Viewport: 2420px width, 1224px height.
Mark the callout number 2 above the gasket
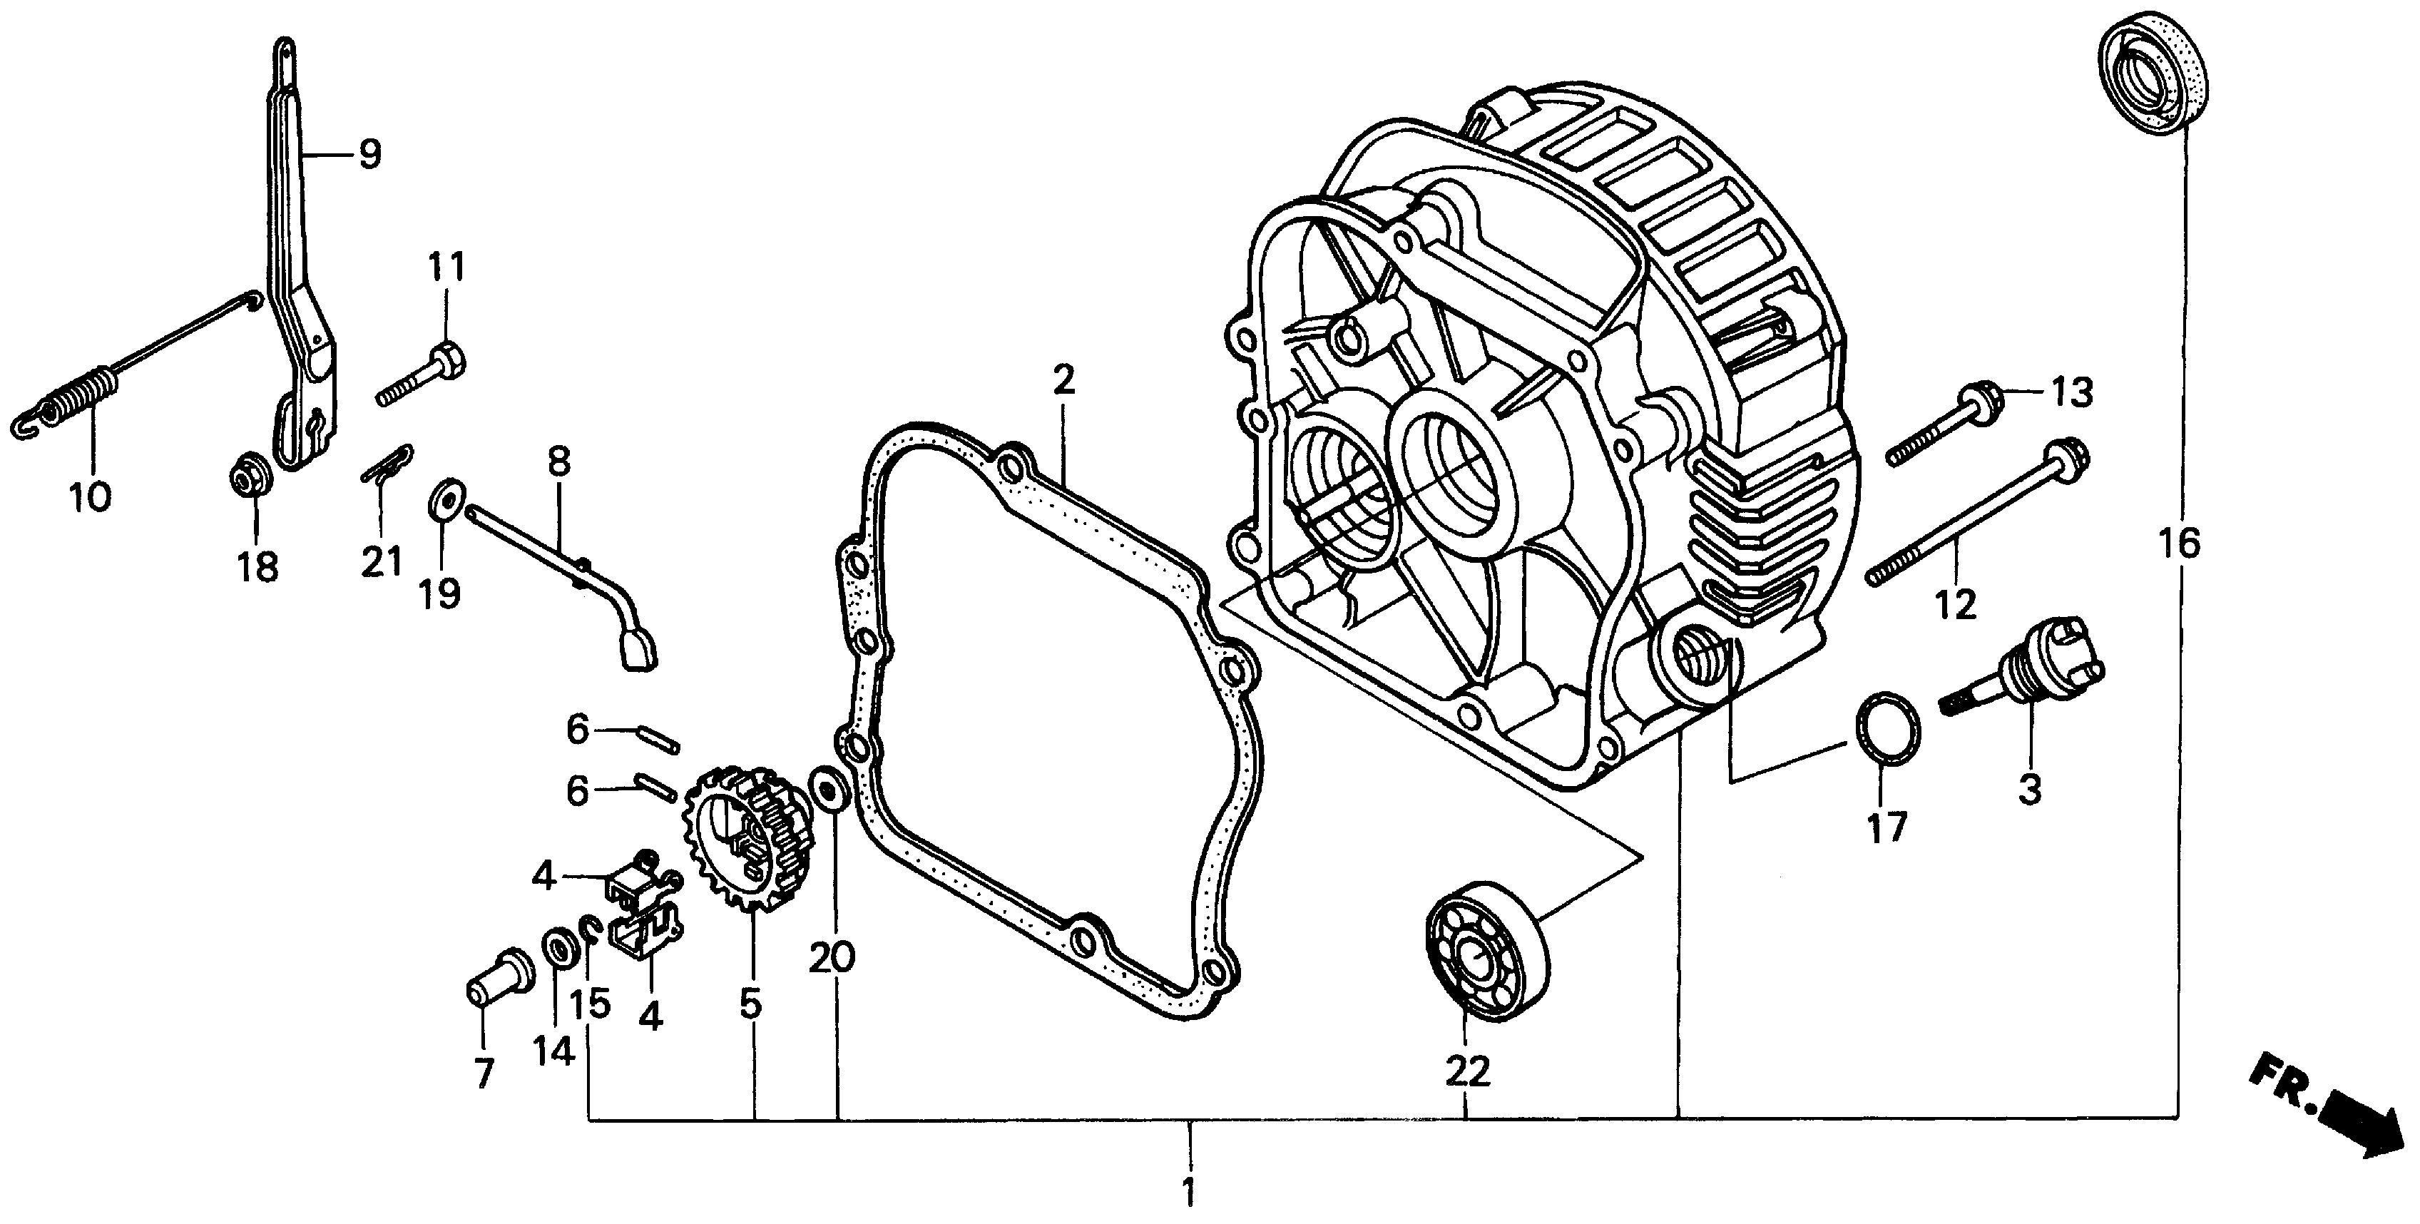pos(1063,380)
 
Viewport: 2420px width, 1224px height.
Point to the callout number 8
pos(559,462)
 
